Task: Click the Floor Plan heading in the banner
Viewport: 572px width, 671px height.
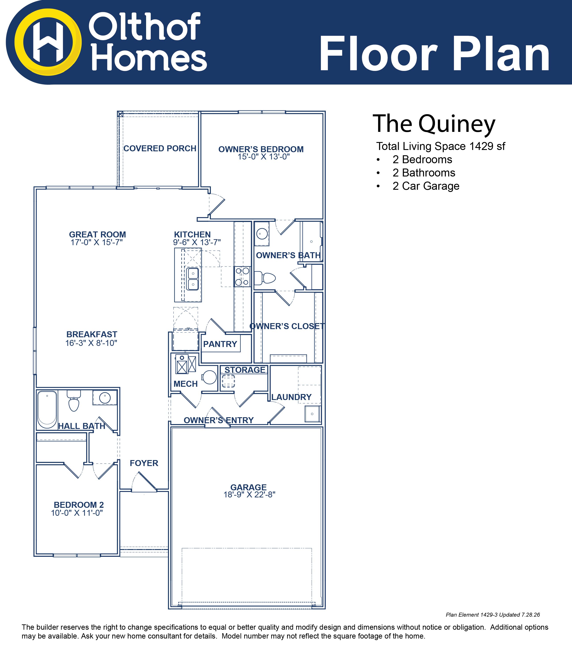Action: (434, 53)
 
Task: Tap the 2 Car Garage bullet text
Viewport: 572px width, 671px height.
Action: (426, 186)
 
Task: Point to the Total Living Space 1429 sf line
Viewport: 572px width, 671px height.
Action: (440, 146)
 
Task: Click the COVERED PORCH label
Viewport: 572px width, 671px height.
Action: (160, 148)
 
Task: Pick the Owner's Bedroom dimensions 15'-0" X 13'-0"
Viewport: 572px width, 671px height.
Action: (263, 157)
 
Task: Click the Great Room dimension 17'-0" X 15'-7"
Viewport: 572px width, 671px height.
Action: (97, 242)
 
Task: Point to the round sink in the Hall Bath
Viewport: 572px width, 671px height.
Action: (105, 397)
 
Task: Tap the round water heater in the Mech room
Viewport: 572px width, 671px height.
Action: (209, 377)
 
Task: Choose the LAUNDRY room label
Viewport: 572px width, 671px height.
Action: (291, 397)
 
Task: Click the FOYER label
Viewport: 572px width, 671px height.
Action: (144, 463)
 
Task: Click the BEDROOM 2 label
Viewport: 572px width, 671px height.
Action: (79, 505)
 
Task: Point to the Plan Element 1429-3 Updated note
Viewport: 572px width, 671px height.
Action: (493, 615)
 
